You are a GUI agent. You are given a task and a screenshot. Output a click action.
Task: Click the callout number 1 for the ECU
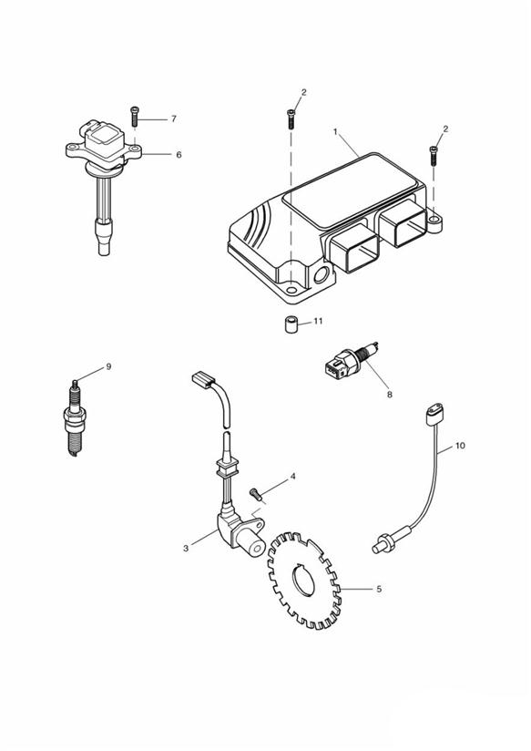(x=335, y=130)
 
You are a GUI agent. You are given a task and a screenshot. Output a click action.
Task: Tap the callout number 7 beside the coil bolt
(x=174, y=118)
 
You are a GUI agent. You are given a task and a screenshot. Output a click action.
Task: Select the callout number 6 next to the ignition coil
(x=179, y=155)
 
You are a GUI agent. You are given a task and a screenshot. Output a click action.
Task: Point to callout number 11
(x=319, y=321)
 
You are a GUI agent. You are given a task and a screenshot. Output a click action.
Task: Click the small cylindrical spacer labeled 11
(x=288, y=324)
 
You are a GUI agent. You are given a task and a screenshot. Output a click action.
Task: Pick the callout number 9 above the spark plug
(x=108, y=366)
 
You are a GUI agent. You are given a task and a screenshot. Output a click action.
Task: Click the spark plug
(x=73, y=417)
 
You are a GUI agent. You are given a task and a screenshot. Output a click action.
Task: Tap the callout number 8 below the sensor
(x=389, y=395)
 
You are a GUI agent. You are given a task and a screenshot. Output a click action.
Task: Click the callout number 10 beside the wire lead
(x=460, y=446)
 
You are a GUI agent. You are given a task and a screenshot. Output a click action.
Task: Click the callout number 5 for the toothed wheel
(x=379, y=589)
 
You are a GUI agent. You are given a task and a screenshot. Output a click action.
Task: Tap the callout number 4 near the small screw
(x=292, y=477)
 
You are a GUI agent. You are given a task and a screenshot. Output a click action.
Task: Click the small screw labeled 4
(x=254, y=492)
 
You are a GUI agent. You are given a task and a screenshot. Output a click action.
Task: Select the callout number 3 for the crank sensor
(x=186, y=549)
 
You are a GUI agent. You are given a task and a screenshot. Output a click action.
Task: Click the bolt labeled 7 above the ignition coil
(x=134, y=116)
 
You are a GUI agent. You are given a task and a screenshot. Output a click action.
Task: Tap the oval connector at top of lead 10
(x=434, y=414)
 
